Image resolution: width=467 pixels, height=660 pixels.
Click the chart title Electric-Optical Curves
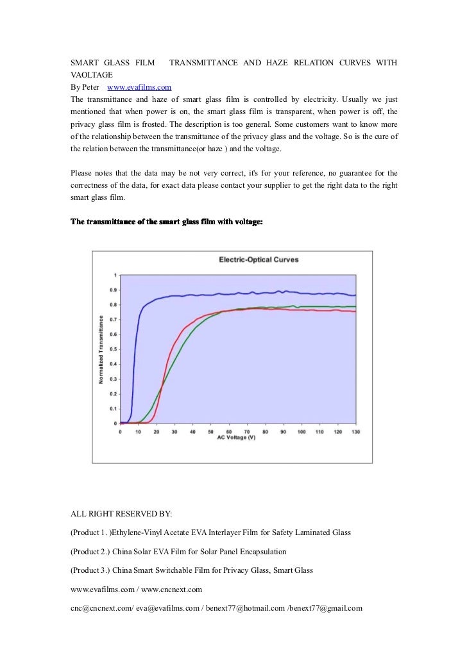(259, 260)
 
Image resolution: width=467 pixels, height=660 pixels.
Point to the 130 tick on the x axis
(355, 431)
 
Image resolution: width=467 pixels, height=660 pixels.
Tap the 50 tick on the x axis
(210, 431)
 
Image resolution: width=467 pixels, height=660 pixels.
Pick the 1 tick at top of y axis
(115, 275)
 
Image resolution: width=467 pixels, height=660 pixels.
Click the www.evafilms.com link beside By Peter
(139, 87)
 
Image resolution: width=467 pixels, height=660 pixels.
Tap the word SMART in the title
(84, 63)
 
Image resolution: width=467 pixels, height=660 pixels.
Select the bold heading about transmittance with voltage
(166, 222)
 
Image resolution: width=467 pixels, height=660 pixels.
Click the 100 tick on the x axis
(301, 431)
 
